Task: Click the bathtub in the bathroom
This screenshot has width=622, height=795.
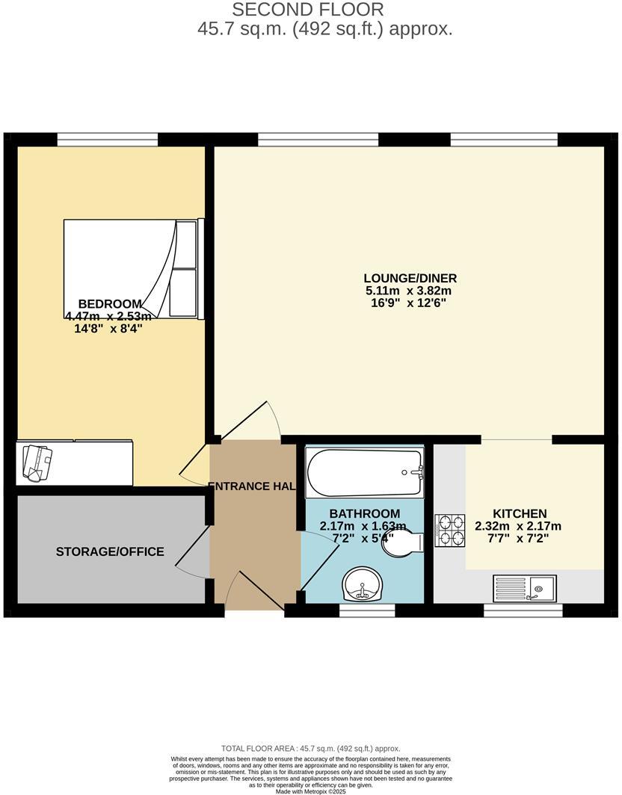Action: (x=364, y=472)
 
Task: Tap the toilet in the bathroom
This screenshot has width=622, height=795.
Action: (x=403, y=543)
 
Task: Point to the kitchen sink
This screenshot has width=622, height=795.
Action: (x=525, y=588)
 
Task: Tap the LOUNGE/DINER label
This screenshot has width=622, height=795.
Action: (x=410, y=278)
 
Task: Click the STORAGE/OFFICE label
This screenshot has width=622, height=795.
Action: (x=110, y=551)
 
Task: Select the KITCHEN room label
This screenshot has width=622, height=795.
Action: (x=520, y=513)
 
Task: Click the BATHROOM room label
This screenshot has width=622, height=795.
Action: (x=364, y=513)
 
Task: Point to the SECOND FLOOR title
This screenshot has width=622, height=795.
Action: (x=308, y=10)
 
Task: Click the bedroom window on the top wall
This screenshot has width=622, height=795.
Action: (x=108, y=139)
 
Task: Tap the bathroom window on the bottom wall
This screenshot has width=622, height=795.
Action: (x=367, y=610)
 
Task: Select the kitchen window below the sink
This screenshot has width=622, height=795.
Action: (x=523, y=610)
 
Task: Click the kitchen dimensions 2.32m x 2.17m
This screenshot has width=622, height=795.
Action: (x=518, y=525)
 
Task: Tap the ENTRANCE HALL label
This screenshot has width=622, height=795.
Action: (x=253, y=486)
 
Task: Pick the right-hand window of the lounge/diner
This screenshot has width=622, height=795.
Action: (x=504, y=139)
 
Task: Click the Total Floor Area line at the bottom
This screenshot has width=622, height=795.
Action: (x=310, y=748)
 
